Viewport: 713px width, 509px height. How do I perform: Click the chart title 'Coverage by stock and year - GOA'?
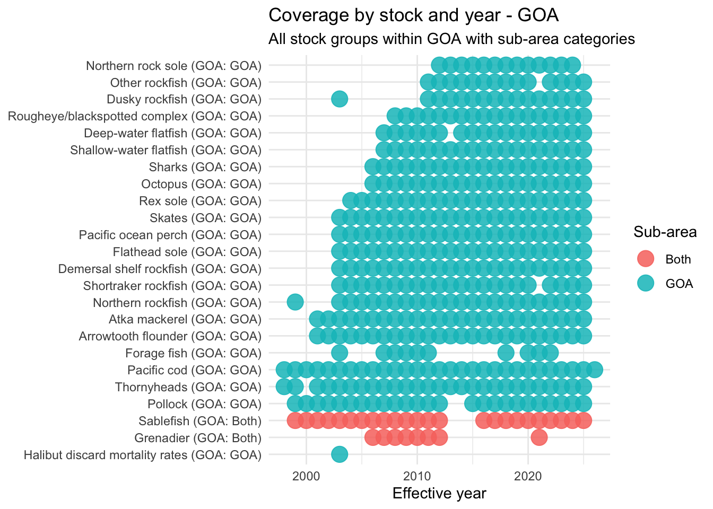click(414, 15)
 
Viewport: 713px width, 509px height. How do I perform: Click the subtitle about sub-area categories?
click(451, 39)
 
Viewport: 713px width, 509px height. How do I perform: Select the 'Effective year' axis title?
click(439, 494)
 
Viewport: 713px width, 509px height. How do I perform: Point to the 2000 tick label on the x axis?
click(306, 475)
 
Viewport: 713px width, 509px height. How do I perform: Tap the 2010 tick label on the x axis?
click(417, 475)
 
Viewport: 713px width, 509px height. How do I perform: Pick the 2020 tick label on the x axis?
click(528, 475)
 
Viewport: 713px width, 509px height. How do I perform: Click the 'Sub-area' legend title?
click(665, 232)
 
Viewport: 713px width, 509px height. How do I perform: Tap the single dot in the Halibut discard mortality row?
click(340, 454)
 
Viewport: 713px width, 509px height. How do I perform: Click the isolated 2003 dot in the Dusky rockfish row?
click(340, 99)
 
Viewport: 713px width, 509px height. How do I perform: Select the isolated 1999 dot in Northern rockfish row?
click(295, 302)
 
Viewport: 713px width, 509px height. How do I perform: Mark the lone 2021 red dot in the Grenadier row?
click(539, 437)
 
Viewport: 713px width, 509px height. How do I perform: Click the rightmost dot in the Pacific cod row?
click(595, 370)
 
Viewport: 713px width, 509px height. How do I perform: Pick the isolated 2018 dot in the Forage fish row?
click(506, 353)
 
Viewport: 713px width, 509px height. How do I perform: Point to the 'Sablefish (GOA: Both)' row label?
click(200, 421)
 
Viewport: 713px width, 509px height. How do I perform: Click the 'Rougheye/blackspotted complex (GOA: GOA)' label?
click(135, 116)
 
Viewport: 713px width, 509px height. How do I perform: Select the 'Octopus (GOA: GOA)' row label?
click(201, 184)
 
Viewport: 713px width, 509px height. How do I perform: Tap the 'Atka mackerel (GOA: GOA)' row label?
click(185, 319)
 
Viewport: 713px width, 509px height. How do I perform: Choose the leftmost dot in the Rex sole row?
click(350, 200)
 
